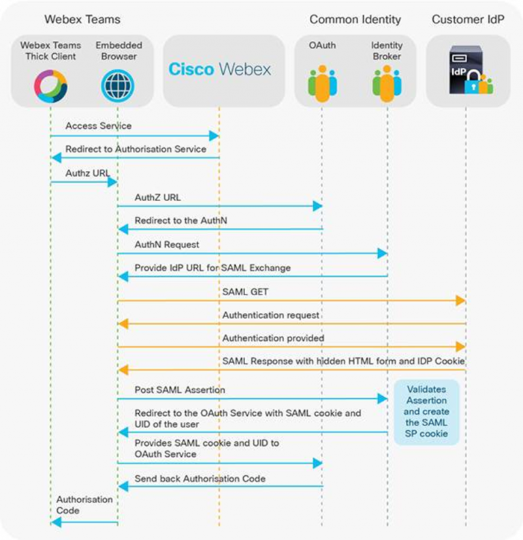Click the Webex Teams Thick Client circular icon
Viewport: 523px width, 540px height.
point(51,86)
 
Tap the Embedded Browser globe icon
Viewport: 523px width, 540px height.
point(117,86)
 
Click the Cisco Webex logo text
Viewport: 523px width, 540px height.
point(219,70)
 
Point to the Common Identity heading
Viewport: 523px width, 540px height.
point(355,19)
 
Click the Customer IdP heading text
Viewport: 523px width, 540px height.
point(468,19)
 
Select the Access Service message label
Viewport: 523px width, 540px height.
point(98,126)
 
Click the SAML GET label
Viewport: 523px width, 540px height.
point(246,292)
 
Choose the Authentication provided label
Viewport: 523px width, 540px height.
point(273,338)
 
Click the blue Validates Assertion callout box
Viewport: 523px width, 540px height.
point(426,412)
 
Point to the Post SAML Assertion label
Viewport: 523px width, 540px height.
point(180,390)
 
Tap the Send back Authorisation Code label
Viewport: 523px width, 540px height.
point(200,479)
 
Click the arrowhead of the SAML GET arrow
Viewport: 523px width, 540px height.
point(461,301)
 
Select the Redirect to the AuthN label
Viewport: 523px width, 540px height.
point(176,221)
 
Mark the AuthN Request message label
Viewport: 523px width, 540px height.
point(167,244)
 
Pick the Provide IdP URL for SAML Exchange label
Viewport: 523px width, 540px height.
point(212,268)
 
